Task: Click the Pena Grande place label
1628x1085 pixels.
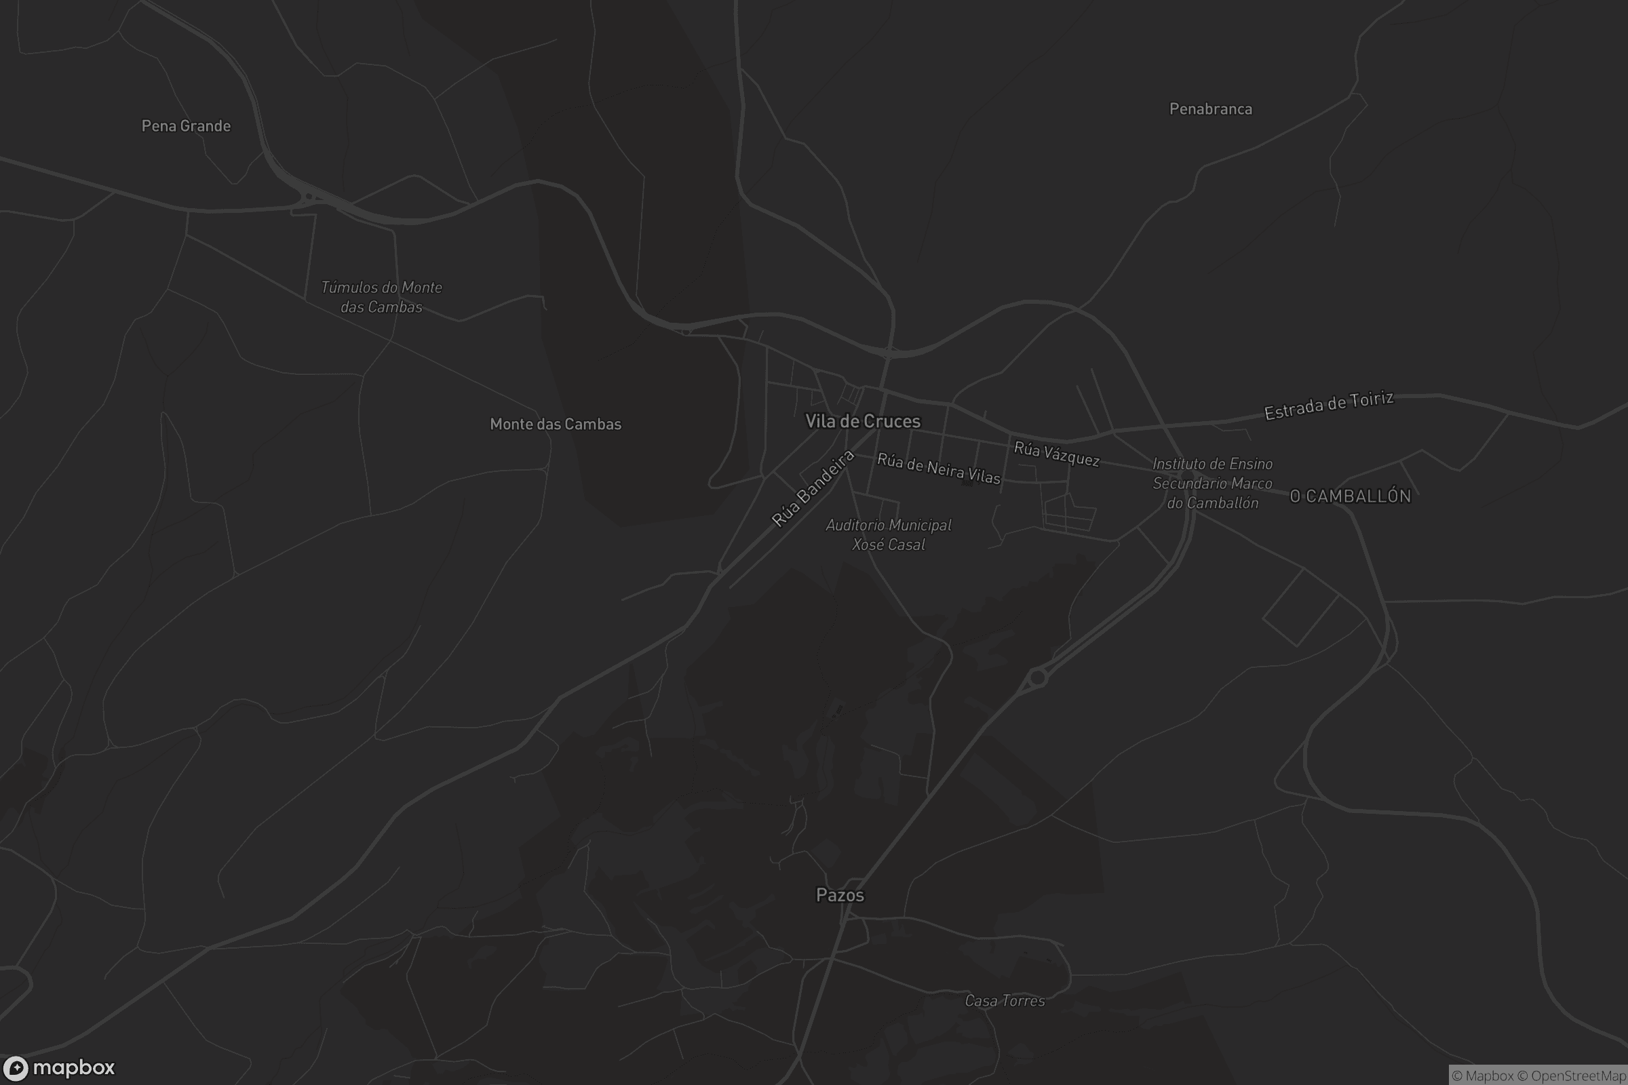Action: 185,126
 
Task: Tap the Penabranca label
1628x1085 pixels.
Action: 1210,109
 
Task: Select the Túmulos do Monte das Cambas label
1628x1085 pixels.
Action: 381,297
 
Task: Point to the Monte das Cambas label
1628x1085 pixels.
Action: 555,425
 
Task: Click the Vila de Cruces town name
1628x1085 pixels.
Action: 862,421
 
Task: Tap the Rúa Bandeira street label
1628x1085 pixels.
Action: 813,488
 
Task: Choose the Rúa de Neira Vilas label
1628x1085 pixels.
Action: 938,469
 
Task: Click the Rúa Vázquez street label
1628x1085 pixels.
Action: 1056,454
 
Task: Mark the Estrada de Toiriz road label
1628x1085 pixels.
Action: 1328,406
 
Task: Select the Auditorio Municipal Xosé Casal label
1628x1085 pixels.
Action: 888,535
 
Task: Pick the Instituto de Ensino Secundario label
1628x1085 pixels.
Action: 1212,483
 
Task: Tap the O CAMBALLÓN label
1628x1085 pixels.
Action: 1350,496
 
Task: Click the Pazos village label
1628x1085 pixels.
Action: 840,894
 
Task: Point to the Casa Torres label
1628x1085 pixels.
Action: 1005,1001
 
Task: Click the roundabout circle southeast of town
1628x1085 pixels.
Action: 1036,677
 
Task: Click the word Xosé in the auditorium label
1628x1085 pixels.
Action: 868,545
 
